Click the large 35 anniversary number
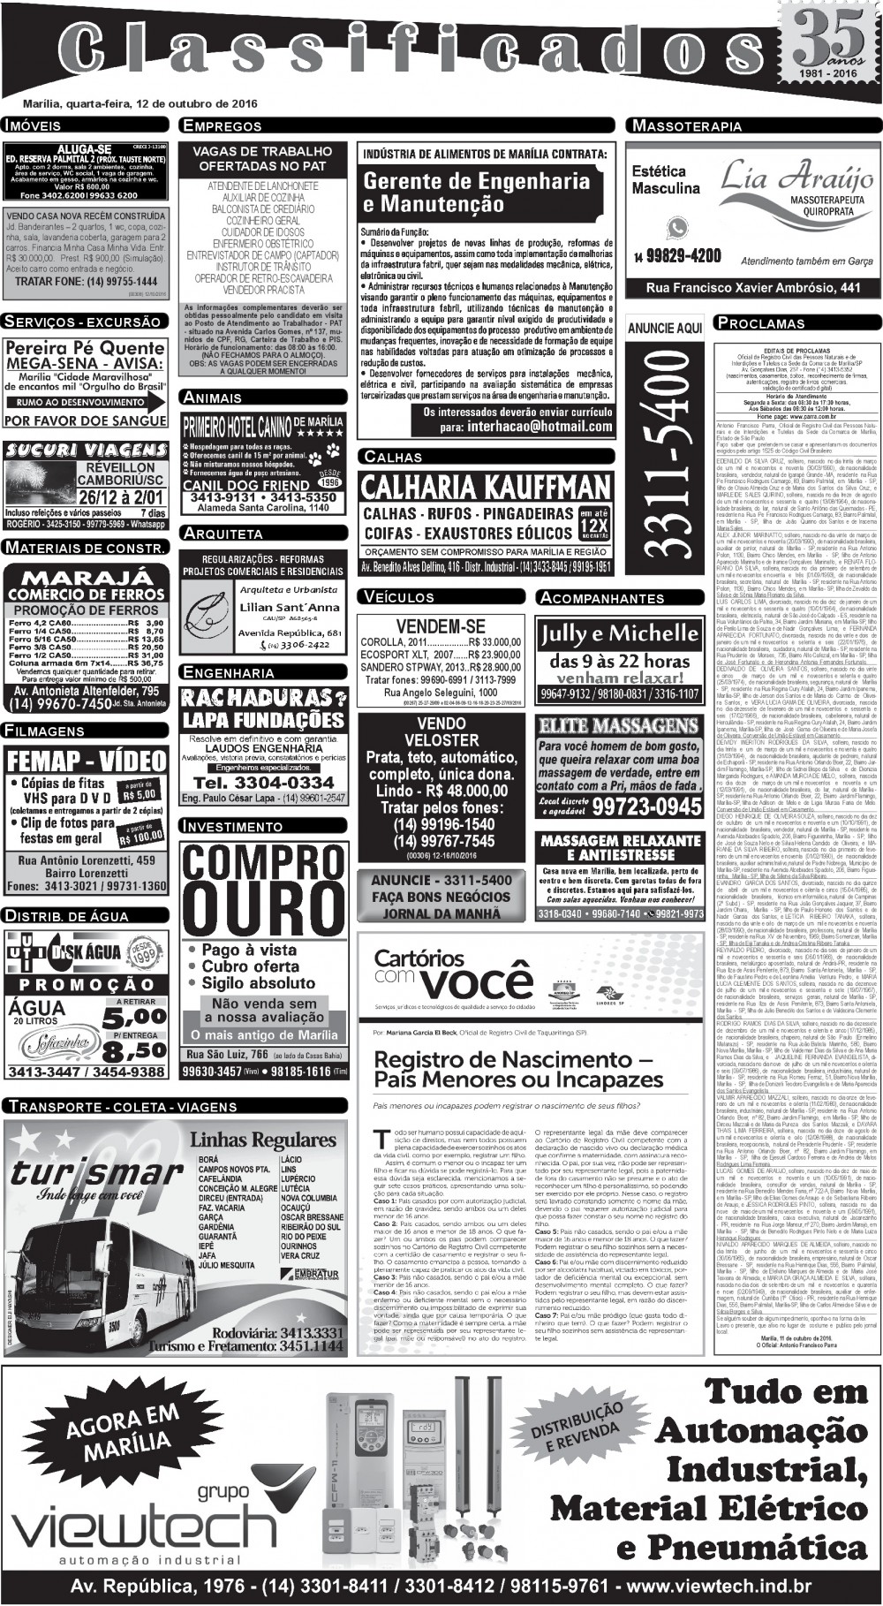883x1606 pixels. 832,36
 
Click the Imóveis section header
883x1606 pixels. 32,125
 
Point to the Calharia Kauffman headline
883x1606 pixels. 486,487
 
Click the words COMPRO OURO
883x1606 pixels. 262,891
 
